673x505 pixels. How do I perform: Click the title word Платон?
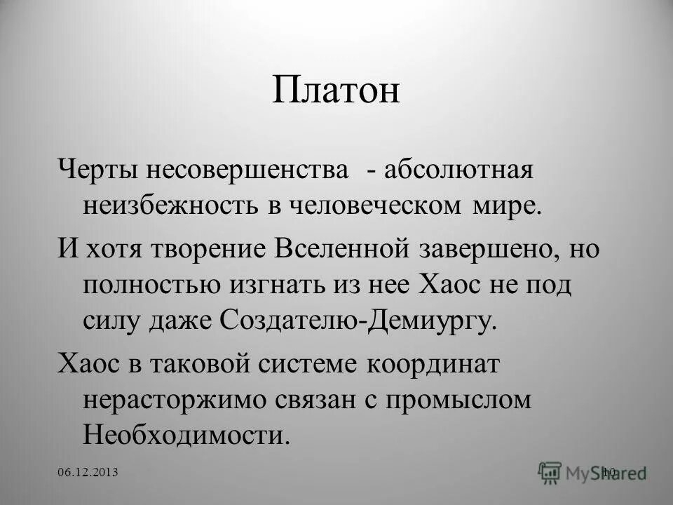(x=336, y=92)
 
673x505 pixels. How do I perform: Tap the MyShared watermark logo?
(x=592, y=472)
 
